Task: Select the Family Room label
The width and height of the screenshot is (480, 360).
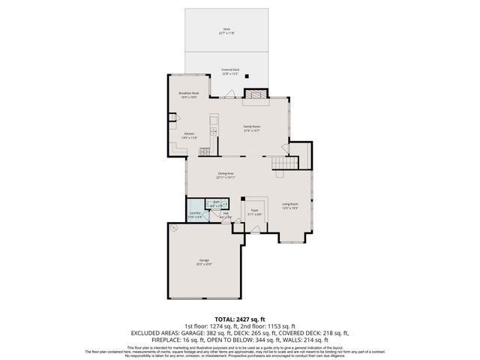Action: (251, 128)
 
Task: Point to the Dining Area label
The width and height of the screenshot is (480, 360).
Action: (226, 175)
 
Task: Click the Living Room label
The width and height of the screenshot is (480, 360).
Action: (290, 205)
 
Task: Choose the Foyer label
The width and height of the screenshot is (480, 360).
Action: (255, 211)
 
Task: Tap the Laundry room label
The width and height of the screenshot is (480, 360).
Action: (195, 214)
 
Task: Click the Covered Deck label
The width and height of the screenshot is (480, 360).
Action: (230, 71)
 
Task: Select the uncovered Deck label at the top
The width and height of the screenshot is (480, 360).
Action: (226, 31)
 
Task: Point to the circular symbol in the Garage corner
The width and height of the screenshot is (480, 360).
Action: (173, 226)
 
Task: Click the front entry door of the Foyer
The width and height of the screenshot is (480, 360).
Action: (255, 230)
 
